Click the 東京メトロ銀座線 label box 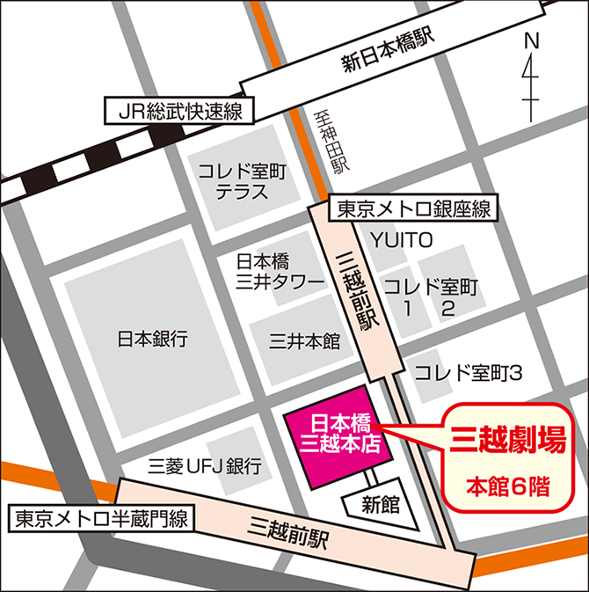point(413,210)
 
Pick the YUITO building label point(402,239)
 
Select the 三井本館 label point(304,341)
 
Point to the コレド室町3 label point(469,373)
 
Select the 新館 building point(380,504)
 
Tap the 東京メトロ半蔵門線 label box point(101,519)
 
